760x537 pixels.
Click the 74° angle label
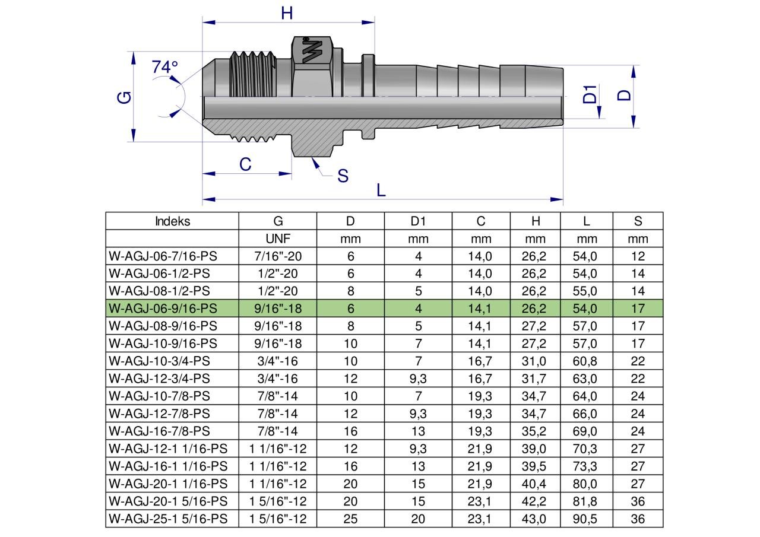click(x=164, y=67)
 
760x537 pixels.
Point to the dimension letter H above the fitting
click(x=287, y=13)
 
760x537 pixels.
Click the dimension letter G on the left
click(x=124, y=97)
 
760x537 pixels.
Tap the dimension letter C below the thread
click(x=245, y=164)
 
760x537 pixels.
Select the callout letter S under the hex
click(x=343, y=176)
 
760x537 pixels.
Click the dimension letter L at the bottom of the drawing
click(x=381, y=190)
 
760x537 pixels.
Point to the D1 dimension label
click(x=590, y=94)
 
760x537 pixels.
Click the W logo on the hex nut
click(x=312, y=50)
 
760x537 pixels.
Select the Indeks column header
click(x=172, y=221)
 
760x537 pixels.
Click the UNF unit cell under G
click(x=278, y=239)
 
